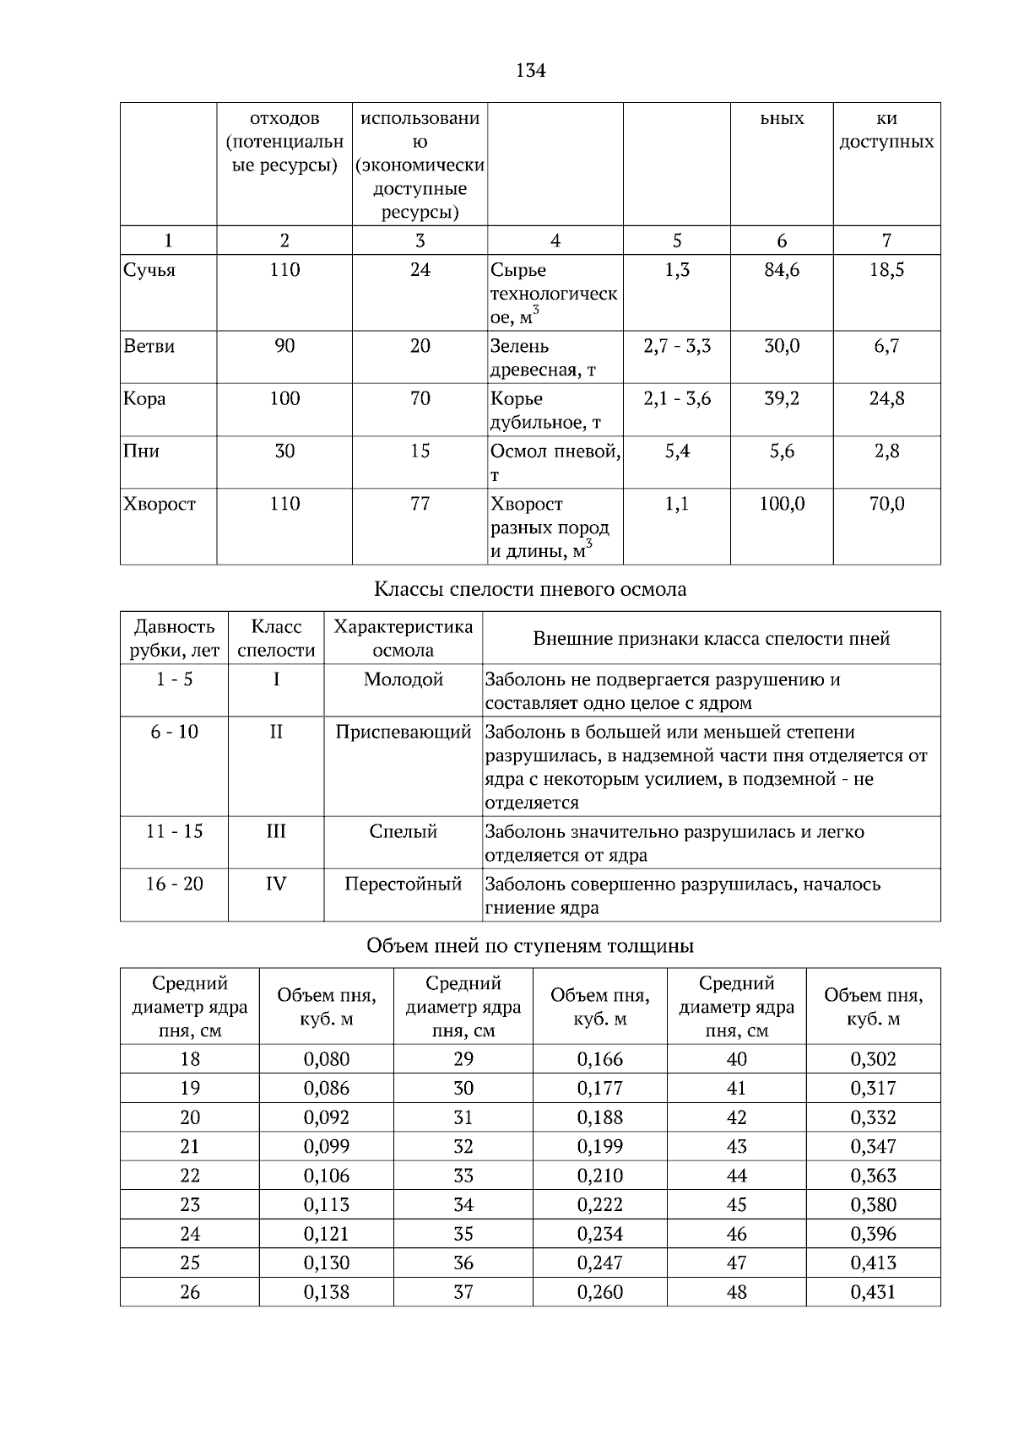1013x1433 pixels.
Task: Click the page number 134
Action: point(530,71)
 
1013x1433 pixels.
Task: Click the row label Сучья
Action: point(149,270)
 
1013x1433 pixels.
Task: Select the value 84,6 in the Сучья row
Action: point(782,270)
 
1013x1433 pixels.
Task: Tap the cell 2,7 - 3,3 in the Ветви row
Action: point(677,346)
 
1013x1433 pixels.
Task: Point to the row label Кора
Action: point(144,398)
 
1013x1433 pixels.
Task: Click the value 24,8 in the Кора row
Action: point(886,398)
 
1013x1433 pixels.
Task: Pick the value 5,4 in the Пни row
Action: point(677,452)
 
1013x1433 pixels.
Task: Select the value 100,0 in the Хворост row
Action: point(782,504)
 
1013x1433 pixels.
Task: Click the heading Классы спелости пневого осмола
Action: point(529,589)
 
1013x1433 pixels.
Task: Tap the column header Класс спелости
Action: point(276,638)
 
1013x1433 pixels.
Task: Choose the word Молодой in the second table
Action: point(403,679)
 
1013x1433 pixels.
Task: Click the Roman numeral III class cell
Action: point(276,831)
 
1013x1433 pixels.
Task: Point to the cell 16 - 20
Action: point(174,884)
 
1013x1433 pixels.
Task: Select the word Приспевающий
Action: point(403,732)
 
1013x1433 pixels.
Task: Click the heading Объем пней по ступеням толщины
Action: point(529,945)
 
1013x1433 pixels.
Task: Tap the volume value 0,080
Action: point(326,1059)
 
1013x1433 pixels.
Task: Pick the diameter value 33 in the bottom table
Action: point(463,1176)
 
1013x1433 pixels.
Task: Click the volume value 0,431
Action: point(873,1292)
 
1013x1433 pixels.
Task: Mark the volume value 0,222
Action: point(599,1204)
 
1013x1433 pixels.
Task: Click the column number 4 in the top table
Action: point(555,241)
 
